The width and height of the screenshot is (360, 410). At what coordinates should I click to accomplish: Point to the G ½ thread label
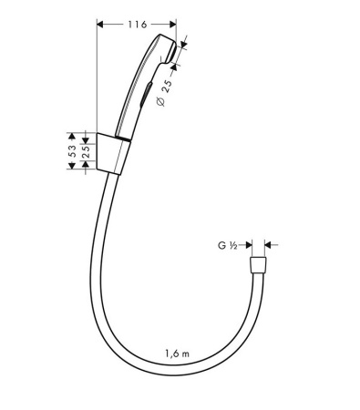228,245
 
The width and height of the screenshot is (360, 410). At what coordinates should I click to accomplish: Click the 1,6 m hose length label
179,353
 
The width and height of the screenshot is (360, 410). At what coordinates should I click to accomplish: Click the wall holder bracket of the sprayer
114,153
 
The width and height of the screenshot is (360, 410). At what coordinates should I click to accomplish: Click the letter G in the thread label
221,245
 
